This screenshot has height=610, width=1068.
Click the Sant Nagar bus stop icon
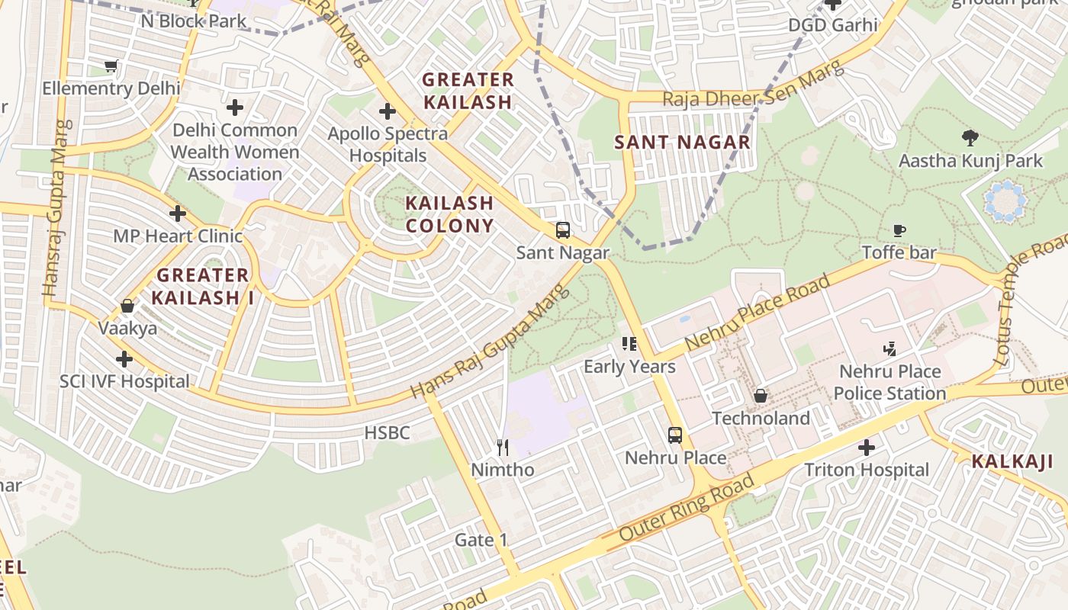563,230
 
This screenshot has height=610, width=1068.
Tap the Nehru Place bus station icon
675,435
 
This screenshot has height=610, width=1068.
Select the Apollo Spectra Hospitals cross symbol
388,111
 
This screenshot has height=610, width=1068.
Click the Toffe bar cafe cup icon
899,230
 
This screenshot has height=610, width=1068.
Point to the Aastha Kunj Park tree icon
970,138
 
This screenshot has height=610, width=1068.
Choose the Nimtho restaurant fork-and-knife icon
502,448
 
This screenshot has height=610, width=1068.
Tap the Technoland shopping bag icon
761,396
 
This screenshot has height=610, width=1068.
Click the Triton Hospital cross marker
867,448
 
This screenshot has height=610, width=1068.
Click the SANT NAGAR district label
683,143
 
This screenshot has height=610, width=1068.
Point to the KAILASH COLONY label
450,214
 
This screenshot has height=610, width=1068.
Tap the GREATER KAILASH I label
202,286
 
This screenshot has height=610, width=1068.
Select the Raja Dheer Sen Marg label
753,87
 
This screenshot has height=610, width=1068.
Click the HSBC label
387,433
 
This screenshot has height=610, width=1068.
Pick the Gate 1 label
481,540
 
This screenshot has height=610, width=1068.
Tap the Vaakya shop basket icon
127,307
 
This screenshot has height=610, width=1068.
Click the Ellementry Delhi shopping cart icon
111,66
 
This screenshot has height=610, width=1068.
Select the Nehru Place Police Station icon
889,349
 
